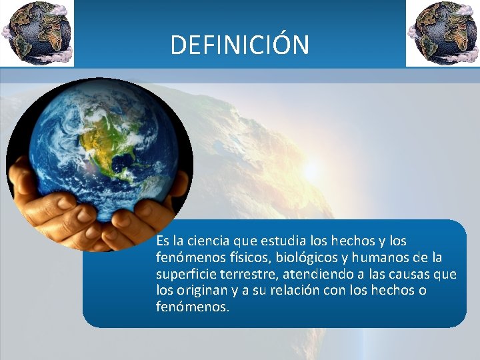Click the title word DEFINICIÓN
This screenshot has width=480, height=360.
click(x=240, y=45)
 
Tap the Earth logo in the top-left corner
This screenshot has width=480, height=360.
click(x=36, y=33)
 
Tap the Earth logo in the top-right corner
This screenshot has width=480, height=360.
click(x=443, y=33)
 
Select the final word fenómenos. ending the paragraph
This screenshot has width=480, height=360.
click(x=192, y=307)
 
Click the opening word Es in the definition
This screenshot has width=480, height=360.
click(x=163, y=240)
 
